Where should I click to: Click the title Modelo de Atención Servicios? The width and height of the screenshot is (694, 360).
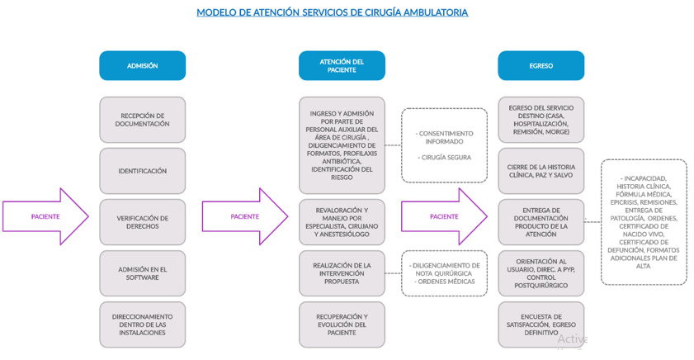tap(332, 12)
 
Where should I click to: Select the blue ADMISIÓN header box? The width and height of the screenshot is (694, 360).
tap(142, 66)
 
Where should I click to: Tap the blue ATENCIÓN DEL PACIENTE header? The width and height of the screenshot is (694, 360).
tap(342, 66)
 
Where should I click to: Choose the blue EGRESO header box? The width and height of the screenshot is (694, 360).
tap(541, 66)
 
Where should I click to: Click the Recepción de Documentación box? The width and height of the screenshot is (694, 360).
tap(142, 120)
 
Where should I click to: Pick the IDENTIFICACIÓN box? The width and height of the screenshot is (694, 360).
tap(142, 171)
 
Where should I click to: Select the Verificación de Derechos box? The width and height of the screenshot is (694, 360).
tap(142, 222)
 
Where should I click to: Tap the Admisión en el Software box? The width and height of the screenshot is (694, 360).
tap(142, 273)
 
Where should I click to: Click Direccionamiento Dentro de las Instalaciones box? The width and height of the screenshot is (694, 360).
tap(142, 324)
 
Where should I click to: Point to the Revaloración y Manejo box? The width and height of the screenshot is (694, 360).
tap(342, 222)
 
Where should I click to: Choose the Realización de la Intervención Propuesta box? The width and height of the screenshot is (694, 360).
tap(342, 273)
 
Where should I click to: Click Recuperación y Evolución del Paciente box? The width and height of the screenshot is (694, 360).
tap(342, 324)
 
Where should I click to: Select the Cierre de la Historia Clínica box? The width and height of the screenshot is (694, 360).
tap(541, 171)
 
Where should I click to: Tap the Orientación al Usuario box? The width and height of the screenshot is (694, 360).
tap(541, 273)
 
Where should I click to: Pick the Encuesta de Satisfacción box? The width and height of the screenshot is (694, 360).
tap(541, 324)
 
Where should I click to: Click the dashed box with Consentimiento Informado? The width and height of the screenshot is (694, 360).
tap(445, 145)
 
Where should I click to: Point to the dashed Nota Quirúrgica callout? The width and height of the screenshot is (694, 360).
tap(445, 273)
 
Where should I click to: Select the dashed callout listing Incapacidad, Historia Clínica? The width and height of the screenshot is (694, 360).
tap(644, 222)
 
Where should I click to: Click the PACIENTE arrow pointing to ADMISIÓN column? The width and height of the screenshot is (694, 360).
tap(45, 216)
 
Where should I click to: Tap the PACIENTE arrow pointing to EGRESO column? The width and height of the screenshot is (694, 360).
tap(444, 216)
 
